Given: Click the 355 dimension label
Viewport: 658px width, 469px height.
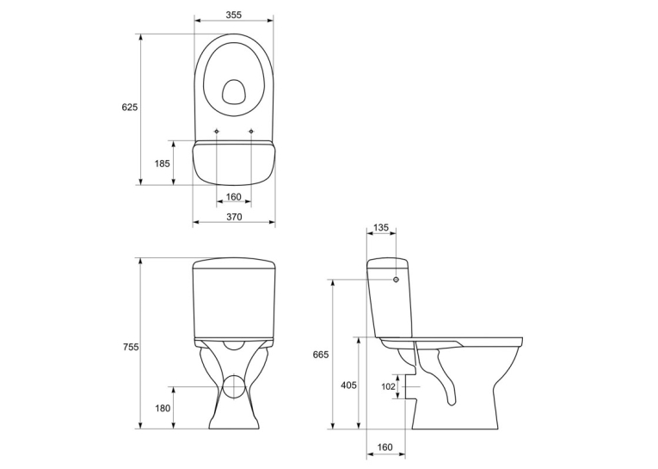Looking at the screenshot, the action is [234, 15].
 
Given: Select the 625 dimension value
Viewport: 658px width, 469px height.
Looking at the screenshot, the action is [130, 107].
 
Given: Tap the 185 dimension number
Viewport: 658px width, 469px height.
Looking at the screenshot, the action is [163, 163].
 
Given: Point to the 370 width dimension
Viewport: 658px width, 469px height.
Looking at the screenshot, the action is [234, 217].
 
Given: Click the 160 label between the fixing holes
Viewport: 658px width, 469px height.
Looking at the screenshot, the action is [234, 196].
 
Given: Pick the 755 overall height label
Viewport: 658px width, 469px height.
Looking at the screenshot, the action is [131, 347].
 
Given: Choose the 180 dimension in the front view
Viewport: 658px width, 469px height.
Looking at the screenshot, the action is [163, 408].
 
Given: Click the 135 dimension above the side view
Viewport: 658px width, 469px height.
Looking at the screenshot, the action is [381, 227].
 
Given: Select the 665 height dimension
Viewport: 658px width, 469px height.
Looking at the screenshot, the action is [321, 355].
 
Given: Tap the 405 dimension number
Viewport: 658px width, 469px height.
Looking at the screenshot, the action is [348, 385].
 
